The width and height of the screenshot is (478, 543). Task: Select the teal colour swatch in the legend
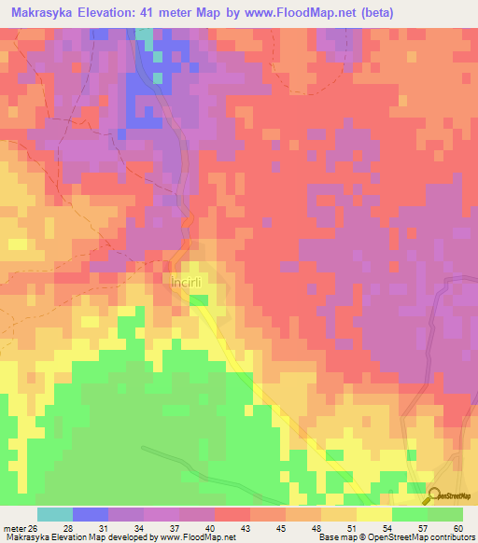[54, 514]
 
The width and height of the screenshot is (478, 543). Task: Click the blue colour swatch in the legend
[90, 514]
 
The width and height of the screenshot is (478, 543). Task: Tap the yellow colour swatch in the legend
[373, 514]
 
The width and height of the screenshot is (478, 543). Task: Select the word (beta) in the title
[393, 13]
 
